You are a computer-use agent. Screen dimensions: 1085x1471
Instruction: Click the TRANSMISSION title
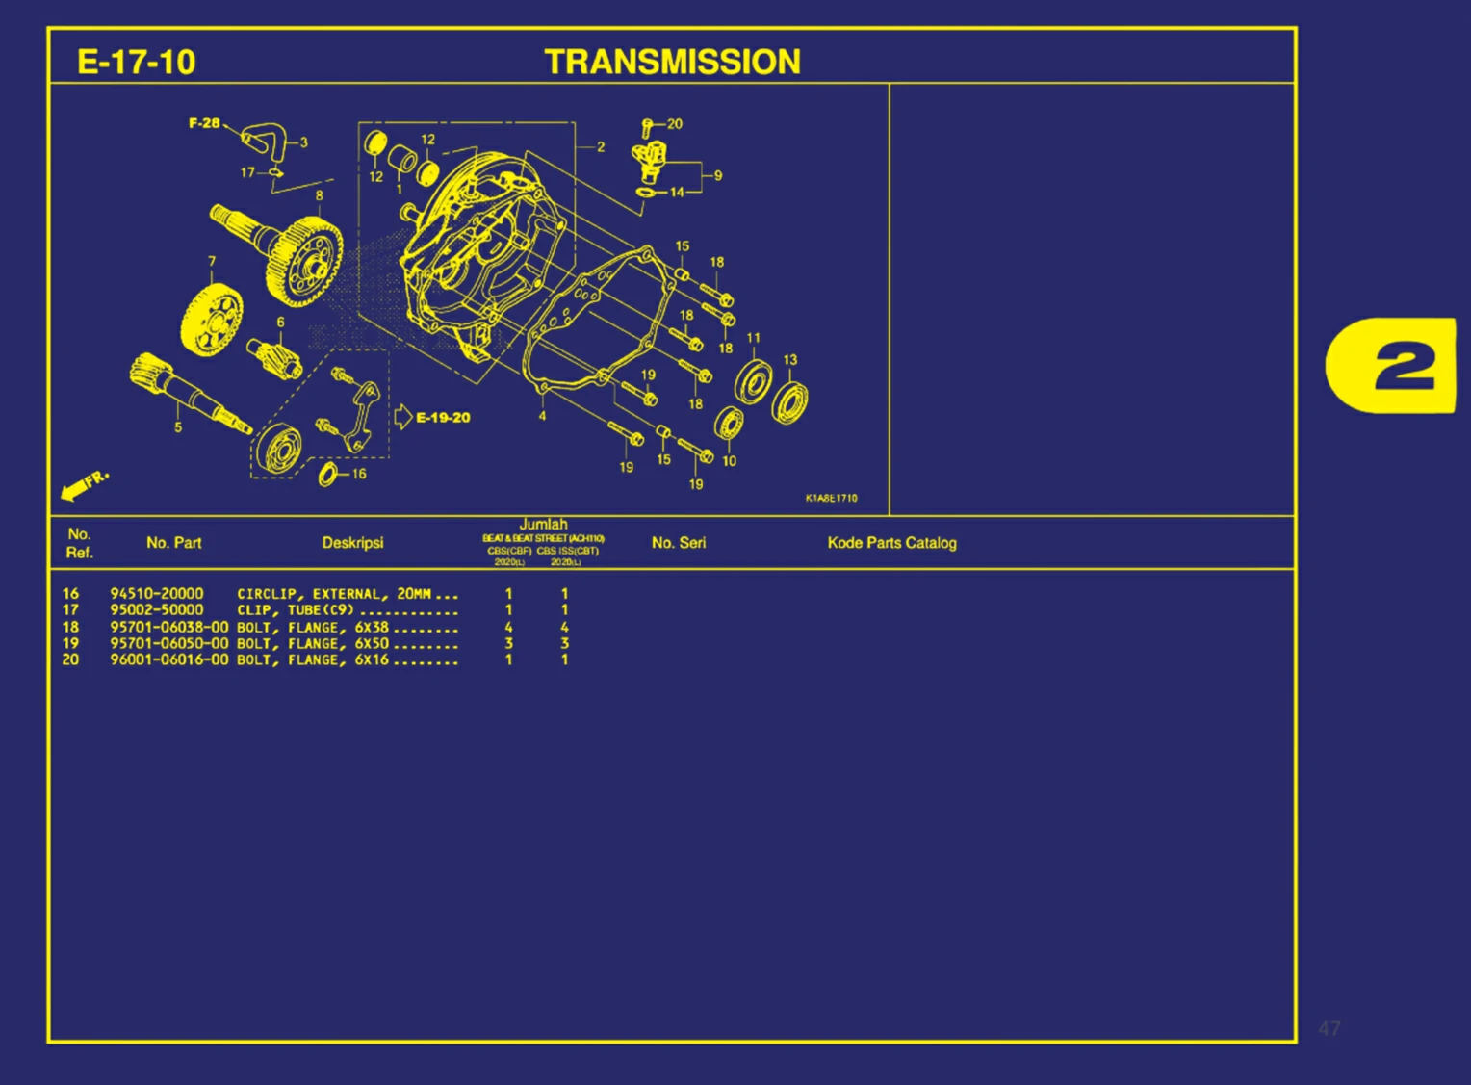[672, 62]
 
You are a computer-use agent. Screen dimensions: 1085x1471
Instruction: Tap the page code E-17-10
[136, 63]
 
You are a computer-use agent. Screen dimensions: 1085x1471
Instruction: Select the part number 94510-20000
[156, 594]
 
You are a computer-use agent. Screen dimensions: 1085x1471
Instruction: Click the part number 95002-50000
[156, 610]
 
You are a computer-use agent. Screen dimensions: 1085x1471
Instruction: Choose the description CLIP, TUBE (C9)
[296, 610]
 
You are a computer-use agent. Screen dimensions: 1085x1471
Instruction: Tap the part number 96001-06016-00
[168, 660]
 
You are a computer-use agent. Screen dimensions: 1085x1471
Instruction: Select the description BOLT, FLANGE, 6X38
[313, 628]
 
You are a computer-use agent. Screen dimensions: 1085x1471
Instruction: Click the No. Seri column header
[678, 543]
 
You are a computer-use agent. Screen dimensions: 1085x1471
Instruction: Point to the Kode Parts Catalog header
[891, 543]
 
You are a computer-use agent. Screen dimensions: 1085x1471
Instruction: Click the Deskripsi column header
[352, 543]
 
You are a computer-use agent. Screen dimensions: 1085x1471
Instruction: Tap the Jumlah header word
[543, 525]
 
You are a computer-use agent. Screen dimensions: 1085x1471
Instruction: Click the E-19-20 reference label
[442, 418]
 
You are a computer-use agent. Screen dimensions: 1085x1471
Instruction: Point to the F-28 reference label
[204, 123]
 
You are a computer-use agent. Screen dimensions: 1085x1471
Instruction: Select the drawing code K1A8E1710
[831, 498]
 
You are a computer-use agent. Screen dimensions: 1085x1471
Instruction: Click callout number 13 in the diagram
[789, 360]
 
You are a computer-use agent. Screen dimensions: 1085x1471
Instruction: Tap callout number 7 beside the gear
[212, 262]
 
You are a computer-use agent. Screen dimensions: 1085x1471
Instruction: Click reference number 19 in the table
[70, 644]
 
